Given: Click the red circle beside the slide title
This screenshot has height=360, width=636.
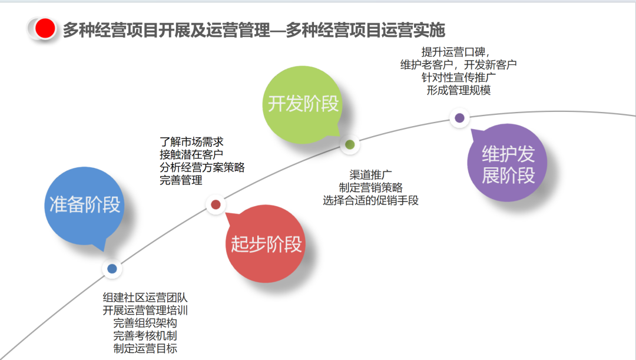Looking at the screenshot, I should point(45,28).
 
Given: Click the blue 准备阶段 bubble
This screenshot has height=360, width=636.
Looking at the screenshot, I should point(85,204).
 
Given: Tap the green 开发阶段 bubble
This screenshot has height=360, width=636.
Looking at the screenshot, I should point(303,104).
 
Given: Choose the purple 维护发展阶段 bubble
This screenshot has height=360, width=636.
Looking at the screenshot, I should point(508,164).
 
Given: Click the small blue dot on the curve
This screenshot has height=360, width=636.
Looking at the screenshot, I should point(112,269).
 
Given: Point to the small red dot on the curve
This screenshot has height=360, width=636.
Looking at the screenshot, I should point(216,204).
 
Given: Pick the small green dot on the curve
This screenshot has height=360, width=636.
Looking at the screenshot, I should point(350,144).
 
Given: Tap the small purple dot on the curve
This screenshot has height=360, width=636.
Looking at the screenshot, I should point(459,118).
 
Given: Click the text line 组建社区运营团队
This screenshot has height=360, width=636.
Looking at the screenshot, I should point(145,298).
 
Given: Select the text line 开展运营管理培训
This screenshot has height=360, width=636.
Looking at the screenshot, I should point(145,311).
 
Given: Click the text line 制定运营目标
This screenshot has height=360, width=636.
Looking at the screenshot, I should point(145,348).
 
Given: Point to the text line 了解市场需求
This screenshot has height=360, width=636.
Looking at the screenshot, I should point(191,142).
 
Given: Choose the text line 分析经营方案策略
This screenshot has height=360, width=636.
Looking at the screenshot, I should point(202,167).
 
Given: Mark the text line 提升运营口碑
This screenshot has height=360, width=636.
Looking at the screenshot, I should point(456,52).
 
